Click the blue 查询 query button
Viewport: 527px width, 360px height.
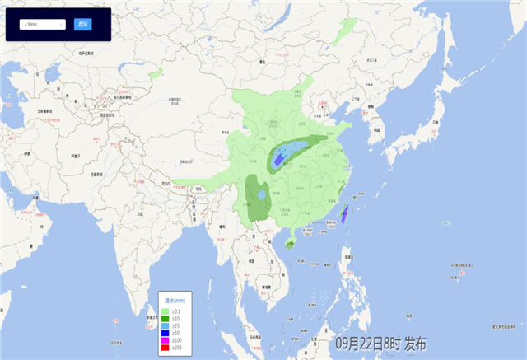[82, 24]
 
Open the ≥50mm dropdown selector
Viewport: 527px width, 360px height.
[44, 24]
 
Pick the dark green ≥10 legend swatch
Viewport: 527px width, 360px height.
[165, 318]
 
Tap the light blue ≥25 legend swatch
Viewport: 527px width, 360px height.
[165, 326]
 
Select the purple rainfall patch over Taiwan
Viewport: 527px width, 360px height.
[345, 215]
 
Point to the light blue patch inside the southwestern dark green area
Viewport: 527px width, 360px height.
[261, 196]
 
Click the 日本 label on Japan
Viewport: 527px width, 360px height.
[434, 123]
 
